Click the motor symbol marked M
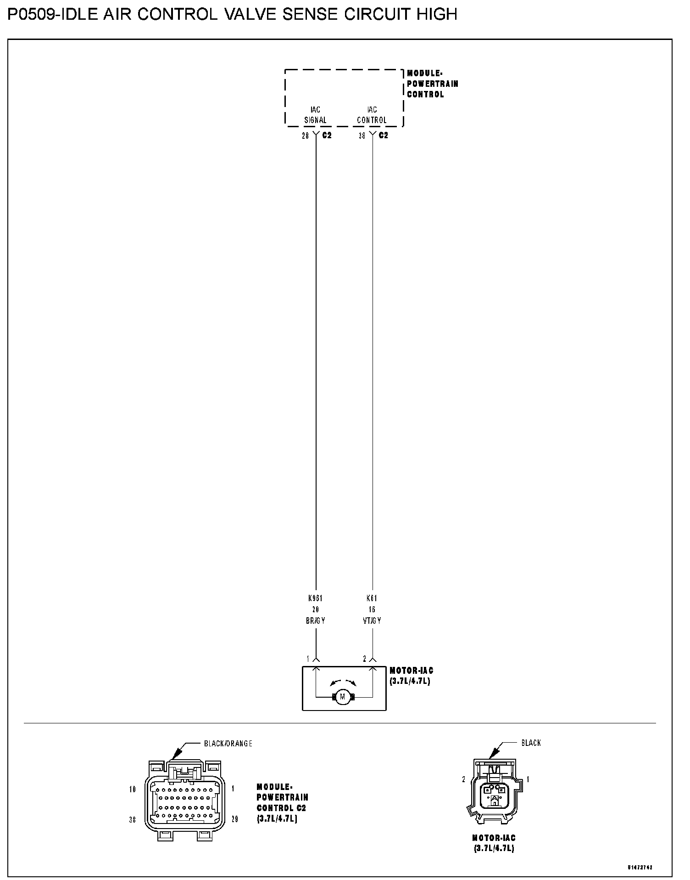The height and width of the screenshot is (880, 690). pyautogui.click(x=342, y=697)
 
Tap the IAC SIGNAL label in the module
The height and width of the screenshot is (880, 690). pyautogui.click(x=316, y=115)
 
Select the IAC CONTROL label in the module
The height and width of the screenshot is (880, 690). pyautogui.click(x=372, y=115)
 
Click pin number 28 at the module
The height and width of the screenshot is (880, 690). pyautogui.click(x=306, y=136)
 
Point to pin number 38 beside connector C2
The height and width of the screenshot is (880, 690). pyautogui.click(x=362, y=136)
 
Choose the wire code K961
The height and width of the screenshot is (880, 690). pyautogui.click(x=316, y=598)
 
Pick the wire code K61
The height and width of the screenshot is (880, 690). pyautogui.click(x=372, y=598)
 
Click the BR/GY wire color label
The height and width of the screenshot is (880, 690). pyautogui.click(x=316, y=621)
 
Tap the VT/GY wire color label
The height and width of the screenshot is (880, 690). pyautogui.click(x=372, y=621)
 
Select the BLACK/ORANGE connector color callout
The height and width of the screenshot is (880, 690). pyautogui.click(x=228, y=744)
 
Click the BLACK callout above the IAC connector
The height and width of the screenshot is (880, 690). pyautogui.click(x=531, y=743)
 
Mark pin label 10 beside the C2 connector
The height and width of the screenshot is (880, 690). pyautogui.click(x=133, y=790)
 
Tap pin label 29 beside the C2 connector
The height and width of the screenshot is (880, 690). pyautogui.click(x=234, y=819)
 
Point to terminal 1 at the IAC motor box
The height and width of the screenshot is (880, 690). pyautogui.click(x=308, y=659)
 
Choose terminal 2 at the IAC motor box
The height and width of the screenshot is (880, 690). pyautogui.click(x=365, y=659)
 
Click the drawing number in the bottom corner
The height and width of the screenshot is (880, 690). pyautogui.click(x=640, y=868)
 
